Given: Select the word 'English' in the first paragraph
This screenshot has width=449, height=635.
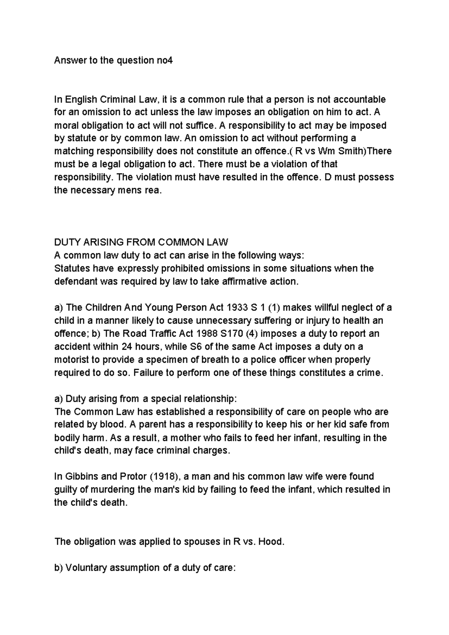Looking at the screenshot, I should (81, 100).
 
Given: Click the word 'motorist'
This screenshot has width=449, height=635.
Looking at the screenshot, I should (72, 359).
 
